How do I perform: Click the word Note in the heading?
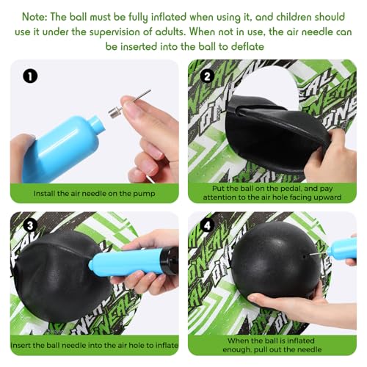tap(38, 15)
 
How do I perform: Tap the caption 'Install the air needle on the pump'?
tap(95, 193)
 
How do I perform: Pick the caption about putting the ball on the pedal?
tap(272, 192)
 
